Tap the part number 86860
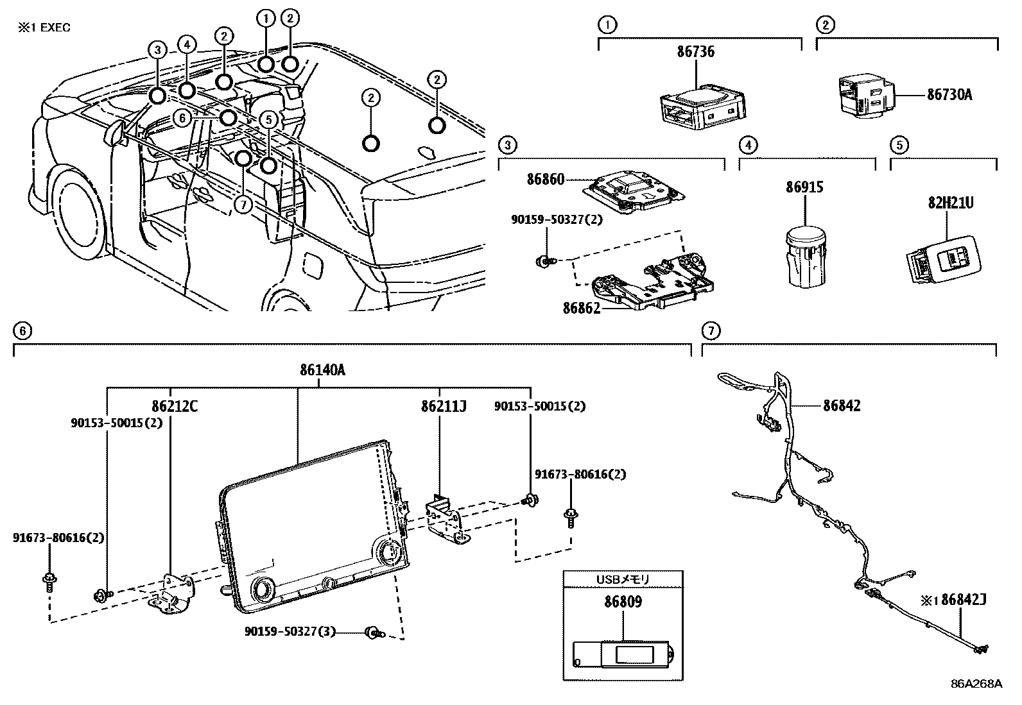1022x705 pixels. click(x=546, y=179)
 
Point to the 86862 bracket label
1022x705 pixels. click(x=582, y=308)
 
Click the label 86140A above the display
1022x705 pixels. click(x=322, y=370)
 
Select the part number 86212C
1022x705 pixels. click(x=175, y=406)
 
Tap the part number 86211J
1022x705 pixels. click(x=443, y=406)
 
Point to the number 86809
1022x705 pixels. click(x=623, y=602)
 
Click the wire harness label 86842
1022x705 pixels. click(x=842, y=405)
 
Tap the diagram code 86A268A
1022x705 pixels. click(x=976, y=683)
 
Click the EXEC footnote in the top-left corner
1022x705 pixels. click(x=44, y=28)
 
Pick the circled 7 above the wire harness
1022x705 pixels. click(x=711, y=331)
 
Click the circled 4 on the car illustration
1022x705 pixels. click(x=186, y=45)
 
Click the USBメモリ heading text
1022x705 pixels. click(x=623, y=579)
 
